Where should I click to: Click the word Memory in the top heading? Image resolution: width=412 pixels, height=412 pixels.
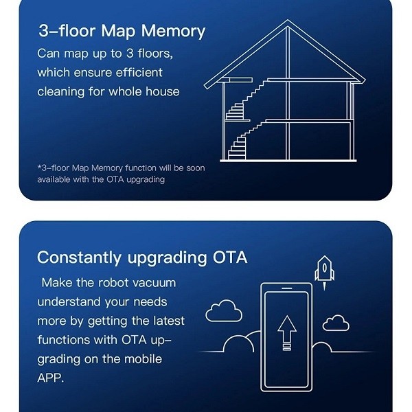coord(173,32)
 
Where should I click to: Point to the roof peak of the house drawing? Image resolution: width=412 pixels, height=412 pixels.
coord(288,20)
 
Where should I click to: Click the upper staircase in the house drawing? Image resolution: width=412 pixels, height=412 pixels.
coord(244,100)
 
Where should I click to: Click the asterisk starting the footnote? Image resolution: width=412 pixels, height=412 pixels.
coord(39,167)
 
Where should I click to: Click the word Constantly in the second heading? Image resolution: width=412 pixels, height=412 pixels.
coord(79,257)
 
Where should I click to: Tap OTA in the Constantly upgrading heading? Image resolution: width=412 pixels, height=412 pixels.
coord(230,257)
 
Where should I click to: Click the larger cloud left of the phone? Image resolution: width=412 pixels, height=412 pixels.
coord(224,311)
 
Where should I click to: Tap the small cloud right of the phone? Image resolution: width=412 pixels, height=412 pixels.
coord(336,323)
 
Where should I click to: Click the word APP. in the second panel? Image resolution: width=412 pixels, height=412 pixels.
coord(50,378)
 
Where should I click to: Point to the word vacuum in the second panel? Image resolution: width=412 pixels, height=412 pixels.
coord(154,283)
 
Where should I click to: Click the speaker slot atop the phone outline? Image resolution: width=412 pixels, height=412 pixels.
coord(287,288)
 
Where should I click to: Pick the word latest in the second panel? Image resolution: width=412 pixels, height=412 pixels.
coord(169,321)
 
